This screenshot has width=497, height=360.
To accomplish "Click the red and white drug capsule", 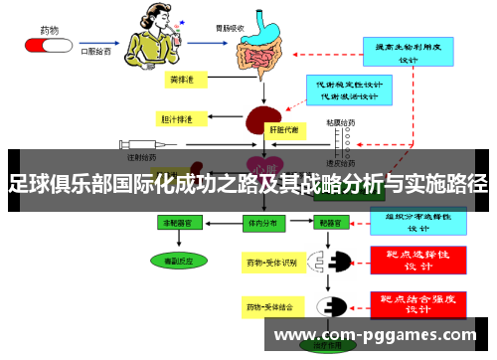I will click(x=45, y=45).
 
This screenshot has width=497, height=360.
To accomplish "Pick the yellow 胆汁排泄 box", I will click(x=180, y=119).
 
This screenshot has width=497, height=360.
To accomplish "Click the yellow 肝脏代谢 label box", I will click(x=285, y=129).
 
